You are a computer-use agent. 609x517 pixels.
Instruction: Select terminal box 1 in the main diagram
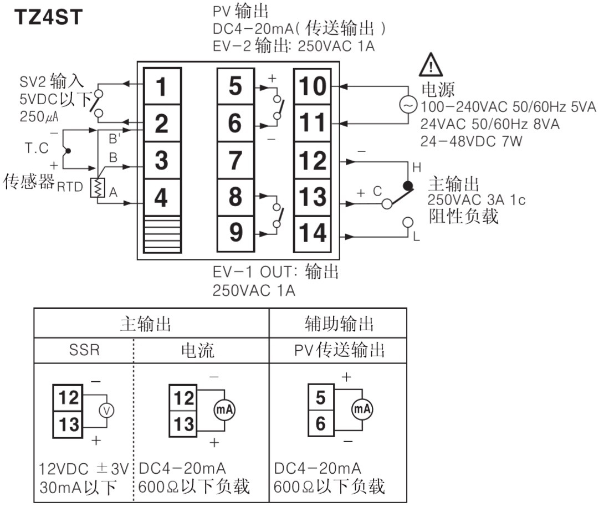[x=162, y=87]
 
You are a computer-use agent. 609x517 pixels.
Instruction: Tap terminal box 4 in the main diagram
[x=162, y=197]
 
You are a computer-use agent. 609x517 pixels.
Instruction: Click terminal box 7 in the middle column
[x=236, y=160]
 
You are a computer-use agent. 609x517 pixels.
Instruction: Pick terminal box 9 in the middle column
[x=236, y=233]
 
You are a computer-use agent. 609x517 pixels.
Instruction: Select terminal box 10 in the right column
[x=313, y=87]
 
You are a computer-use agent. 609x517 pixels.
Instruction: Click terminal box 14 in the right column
[x=313, y=233]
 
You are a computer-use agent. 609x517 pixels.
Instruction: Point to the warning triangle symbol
[x=431, y=65]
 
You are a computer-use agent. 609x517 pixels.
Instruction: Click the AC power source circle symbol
[x=408, y=104]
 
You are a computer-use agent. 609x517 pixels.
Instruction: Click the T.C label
[x=37, y=149]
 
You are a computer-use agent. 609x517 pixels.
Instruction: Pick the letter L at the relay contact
[x=416, y=237]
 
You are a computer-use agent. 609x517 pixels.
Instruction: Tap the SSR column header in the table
[x=84, y=350]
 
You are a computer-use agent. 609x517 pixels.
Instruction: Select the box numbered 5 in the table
[x=320, y=397]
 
